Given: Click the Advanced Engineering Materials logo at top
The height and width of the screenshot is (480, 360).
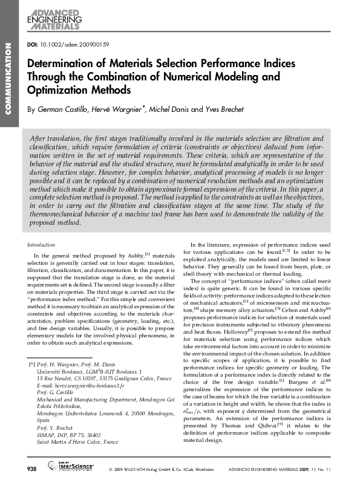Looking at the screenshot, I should click(54, 20).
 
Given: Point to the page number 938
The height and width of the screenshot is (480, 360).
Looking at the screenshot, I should click(30, 469).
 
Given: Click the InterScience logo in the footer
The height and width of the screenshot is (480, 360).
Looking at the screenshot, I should click(72, 469).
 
